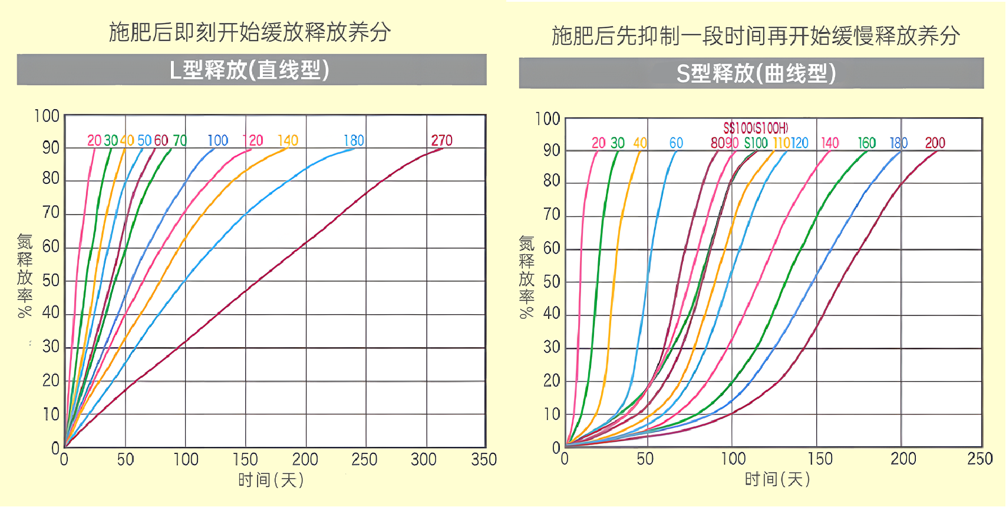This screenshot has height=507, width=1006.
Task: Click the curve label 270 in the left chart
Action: tap(441, 140)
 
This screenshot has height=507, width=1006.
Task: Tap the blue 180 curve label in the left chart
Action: tap(354, 140)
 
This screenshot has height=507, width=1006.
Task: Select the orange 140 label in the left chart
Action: tap(288, 140)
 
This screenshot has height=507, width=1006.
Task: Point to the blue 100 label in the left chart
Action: tap(217, 140)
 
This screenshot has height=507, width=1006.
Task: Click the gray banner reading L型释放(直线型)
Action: tap(252, 70)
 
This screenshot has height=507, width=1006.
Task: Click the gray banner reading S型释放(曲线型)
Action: tap(751, 74)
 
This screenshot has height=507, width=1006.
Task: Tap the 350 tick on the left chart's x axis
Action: tap(484, 459)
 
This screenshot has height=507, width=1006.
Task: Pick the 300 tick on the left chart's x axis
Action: tap(424, 459)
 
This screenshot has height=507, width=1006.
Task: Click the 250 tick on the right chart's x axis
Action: tap(979, 459)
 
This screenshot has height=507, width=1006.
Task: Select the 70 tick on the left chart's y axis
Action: tap(51, 212)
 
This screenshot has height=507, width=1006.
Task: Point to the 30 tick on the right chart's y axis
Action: tap(552, 347)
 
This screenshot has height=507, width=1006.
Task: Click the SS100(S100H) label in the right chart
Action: tap(756, 128)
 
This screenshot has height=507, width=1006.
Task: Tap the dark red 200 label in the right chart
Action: tap(935, 143)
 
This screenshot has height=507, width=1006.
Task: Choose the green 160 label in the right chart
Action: tap(866, 143)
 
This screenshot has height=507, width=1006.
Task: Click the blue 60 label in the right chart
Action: tap(676, 143)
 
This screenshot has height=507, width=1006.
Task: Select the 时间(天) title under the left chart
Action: tap(271, 480)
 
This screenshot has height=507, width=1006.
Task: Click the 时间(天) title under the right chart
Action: tap(777, 479)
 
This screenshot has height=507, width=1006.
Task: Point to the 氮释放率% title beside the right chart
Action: tap(526, 277)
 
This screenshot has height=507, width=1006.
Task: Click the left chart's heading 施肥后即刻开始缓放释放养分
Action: tap(250, 32)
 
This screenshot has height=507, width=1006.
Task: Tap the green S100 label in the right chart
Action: tap(756, 143)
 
